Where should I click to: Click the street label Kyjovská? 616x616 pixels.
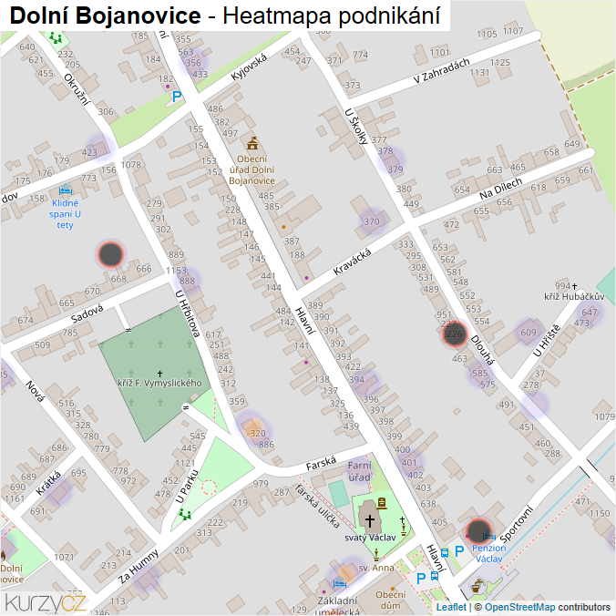[x=248, y=69]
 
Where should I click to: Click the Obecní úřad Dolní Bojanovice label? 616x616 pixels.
[x=251, y=169]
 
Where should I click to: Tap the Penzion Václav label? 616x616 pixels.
[x=488, y=553]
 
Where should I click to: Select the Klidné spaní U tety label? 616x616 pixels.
[x=65, y=213]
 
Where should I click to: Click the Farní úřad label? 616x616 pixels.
[x=359, y=471]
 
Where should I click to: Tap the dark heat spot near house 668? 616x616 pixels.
[x=110, y=254]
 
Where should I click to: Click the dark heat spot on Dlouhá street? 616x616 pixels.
[x=454, y=334]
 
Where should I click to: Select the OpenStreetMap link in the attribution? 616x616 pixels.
[x=519, y=607]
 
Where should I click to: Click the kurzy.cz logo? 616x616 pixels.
[x=46, y=601]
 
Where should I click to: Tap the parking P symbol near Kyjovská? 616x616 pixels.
[x=177, y=96]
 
